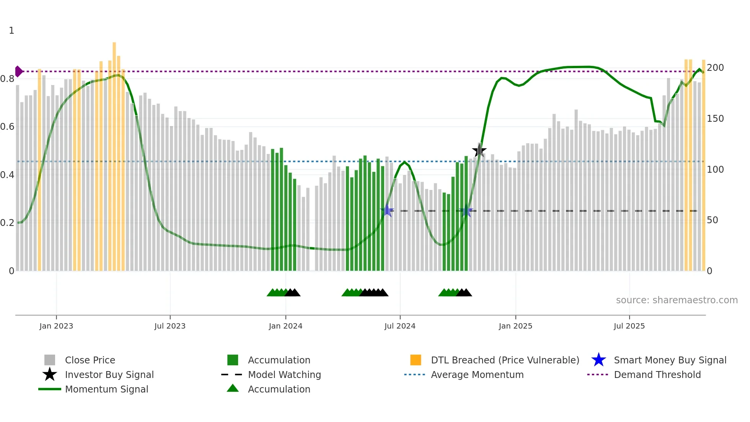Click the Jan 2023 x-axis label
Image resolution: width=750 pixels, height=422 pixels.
pos(56,326)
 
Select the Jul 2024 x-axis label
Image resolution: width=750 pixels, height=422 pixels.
pos(400,326)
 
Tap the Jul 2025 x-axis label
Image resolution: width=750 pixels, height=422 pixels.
pos(629,326)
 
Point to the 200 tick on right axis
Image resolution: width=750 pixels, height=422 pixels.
pos(715,68)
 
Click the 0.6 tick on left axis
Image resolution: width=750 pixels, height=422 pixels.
pos(7,127)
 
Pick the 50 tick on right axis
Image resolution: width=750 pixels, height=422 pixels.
pos(712,220)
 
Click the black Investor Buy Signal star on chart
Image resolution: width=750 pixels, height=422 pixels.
pos(479,150)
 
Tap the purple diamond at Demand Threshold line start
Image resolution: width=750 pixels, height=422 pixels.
pos(18,72)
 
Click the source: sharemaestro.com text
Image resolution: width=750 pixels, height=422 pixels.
pos(677,300)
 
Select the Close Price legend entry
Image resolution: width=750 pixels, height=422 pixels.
pos(90,360)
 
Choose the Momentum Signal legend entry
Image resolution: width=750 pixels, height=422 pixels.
pos(106,389)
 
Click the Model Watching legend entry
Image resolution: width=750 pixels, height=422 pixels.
pos(284,375)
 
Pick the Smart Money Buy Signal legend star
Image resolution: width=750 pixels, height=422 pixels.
pos(598,360)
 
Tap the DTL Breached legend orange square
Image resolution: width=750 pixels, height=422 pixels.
pos(416,360)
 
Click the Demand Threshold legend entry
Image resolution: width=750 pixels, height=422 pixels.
pos(657,375)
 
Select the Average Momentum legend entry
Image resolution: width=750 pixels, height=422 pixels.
pos(477,375)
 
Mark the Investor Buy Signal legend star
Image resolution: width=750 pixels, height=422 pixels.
pos(50,375)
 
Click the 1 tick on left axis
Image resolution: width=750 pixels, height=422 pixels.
pos(11,31)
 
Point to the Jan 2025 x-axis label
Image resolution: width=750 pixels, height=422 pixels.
pos(515,326)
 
